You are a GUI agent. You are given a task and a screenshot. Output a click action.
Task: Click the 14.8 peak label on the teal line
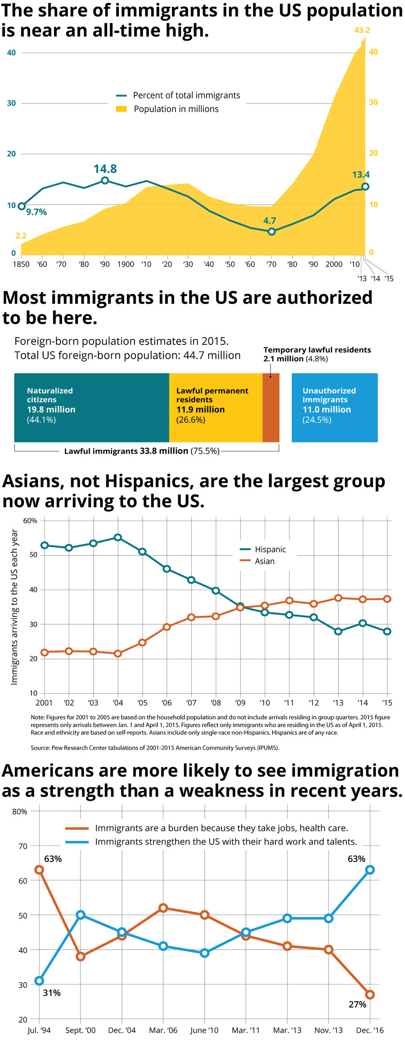pos(105,169)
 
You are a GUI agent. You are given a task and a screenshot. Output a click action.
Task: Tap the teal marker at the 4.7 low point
pos(271,231)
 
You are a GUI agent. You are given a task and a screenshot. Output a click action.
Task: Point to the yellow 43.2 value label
pos(362,30)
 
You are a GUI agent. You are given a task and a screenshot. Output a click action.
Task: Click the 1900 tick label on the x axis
pos(126,264)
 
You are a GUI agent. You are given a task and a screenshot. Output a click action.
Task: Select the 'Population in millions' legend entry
pos(176,109)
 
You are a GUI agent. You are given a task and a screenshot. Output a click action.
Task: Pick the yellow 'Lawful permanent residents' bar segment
pos(216,407)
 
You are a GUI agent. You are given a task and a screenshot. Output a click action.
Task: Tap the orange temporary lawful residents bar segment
pos(271,407)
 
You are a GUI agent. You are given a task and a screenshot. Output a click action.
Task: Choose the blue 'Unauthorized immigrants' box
pos(334,407)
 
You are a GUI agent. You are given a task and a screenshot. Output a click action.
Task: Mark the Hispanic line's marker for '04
pos(118,537)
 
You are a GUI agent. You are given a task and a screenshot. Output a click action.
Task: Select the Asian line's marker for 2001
pos(44,652)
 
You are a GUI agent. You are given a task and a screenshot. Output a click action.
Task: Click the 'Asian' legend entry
pos(264,561)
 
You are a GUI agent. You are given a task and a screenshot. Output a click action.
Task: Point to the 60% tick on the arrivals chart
pos(30,521)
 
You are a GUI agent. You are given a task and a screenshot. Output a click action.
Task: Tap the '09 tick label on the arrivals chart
pos(240,703)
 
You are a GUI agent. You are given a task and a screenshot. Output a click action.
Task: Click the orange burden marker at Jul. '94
pos(39,870)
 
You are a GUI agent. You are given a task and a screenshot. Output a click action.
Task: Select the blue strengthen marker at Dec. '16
pos(370,870)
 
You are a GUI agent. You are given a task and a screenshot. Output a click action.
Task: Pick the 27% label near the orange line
pos(357,1004)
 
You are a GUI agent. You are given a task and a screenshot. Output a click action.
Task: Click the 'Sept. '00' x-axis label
pos(81,1030)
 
